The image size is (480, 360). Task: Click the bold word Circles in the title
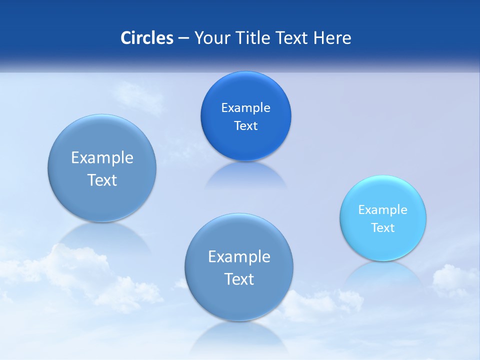(147, 38)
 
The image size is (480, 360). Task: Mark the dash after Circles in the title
(183, 38)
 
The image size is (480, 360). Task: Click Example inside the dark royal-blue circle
(245, 107)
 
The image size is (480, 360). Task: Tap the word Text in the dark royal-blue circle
(245, 125)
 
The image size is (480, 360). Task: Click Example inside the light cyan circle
(383, 209)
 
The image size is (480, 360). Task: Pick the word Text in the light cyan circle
(383, 227)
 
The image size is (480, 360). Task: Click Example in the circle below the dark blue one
(239, 256)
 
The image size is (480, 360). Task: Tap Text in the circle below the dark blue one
(239, 278)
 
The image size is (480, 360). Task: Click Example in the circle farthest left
(102, 157)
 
